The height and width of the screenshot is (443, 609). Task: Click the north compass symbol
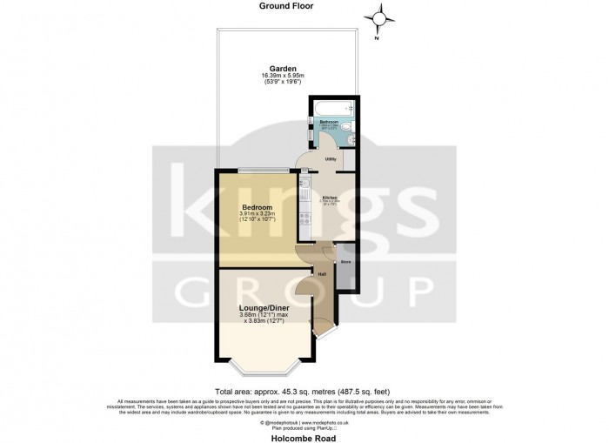pyautogui.click(x=379, y=18)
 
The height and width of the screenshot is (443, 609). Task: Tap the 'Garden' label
pyautogui.click(x=283, y=68)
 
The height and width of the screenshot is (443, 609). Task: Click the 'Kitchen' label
pyautogui.click(x=330, y=198)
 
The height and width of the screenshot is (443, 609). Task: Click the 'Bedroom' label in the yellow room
pyautogui.click(x=258, y=206)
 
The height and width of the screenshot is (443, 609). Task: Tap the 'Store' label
pyautogui.click(x=345, y=260)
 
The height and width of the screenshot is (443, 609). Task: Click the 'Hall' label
pyautogui.click(x=322, y=274)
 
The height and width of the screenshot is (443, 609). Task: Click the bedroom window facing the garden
pyautogui.click(x=262, y=170)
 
